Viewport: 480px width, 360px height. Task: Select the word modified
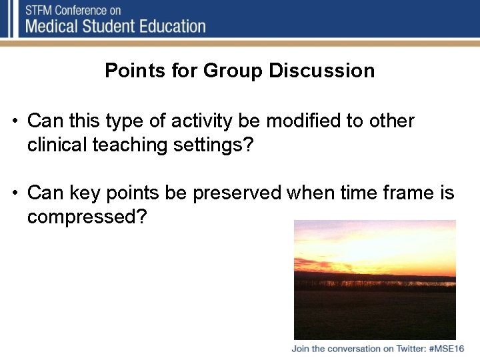point(312,121)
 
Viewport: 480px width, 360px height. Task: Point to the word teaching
point(133,145)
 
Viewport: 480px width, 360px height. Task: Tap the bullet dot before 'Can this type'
point(14,122)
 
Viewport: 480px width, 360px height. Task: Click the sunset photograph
point(375,280)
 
